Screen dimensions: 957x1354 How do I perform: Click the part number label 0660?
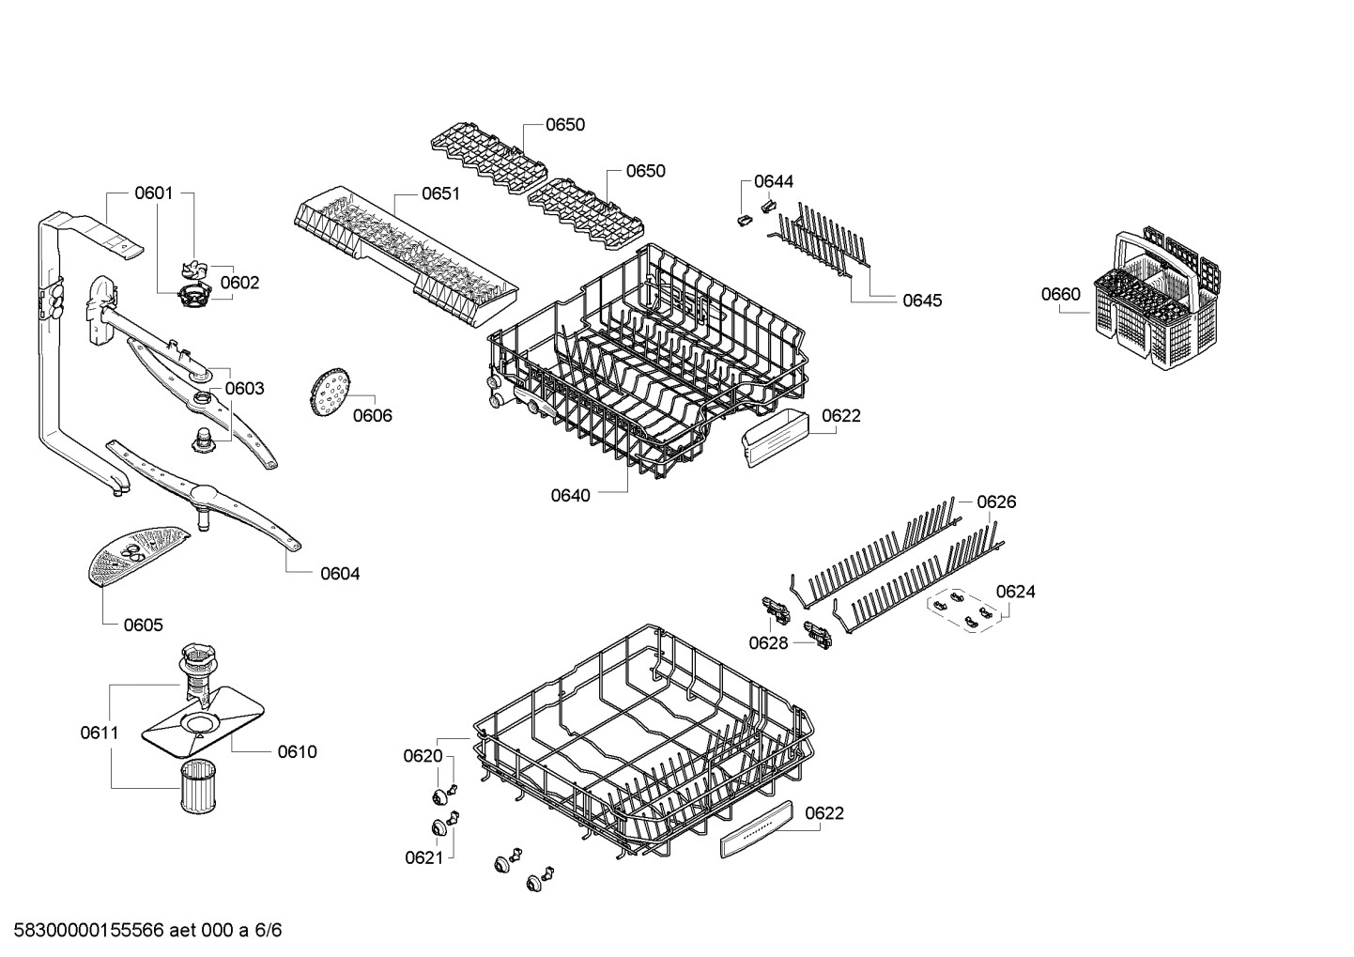[x=1060, y=294]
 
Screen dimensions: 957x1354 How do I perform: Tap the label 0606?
[x=372, y=415]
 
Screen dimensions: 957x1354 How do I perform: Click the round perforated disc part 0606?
[x=327, y=393]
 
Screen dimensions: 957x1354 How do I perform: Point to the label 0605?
[x=143, y=625]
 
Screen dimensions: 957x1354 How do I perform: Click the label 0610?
[x=297, y=751]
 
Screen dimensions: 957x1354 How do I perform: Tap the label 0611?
[x=99, y=733]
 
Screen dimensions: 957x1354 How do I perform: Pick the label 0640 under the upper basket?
[x=571, y=495]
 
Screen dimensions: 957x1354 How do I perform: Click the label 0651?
[x=440, y=193]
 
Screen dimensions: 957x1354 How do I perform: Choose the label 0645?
[x=922, y=301]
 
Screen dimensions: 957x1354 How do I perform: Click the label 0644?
[x=774, y=181]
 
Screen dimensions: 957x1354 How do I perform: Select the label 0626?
[x=996, y=502]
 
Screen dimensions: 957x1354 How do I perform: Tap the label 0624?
[x=1016, y=591]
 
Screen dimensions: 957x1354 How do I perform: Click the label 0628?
[x=768, y=642]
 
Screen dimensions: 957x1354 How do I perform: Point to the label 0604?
[x=340, y=573]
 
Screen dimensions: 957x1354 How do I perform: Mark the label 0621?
[x=423, y=857]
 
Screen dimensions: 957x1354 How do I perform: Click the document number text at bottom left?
[x=142, y=931]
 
